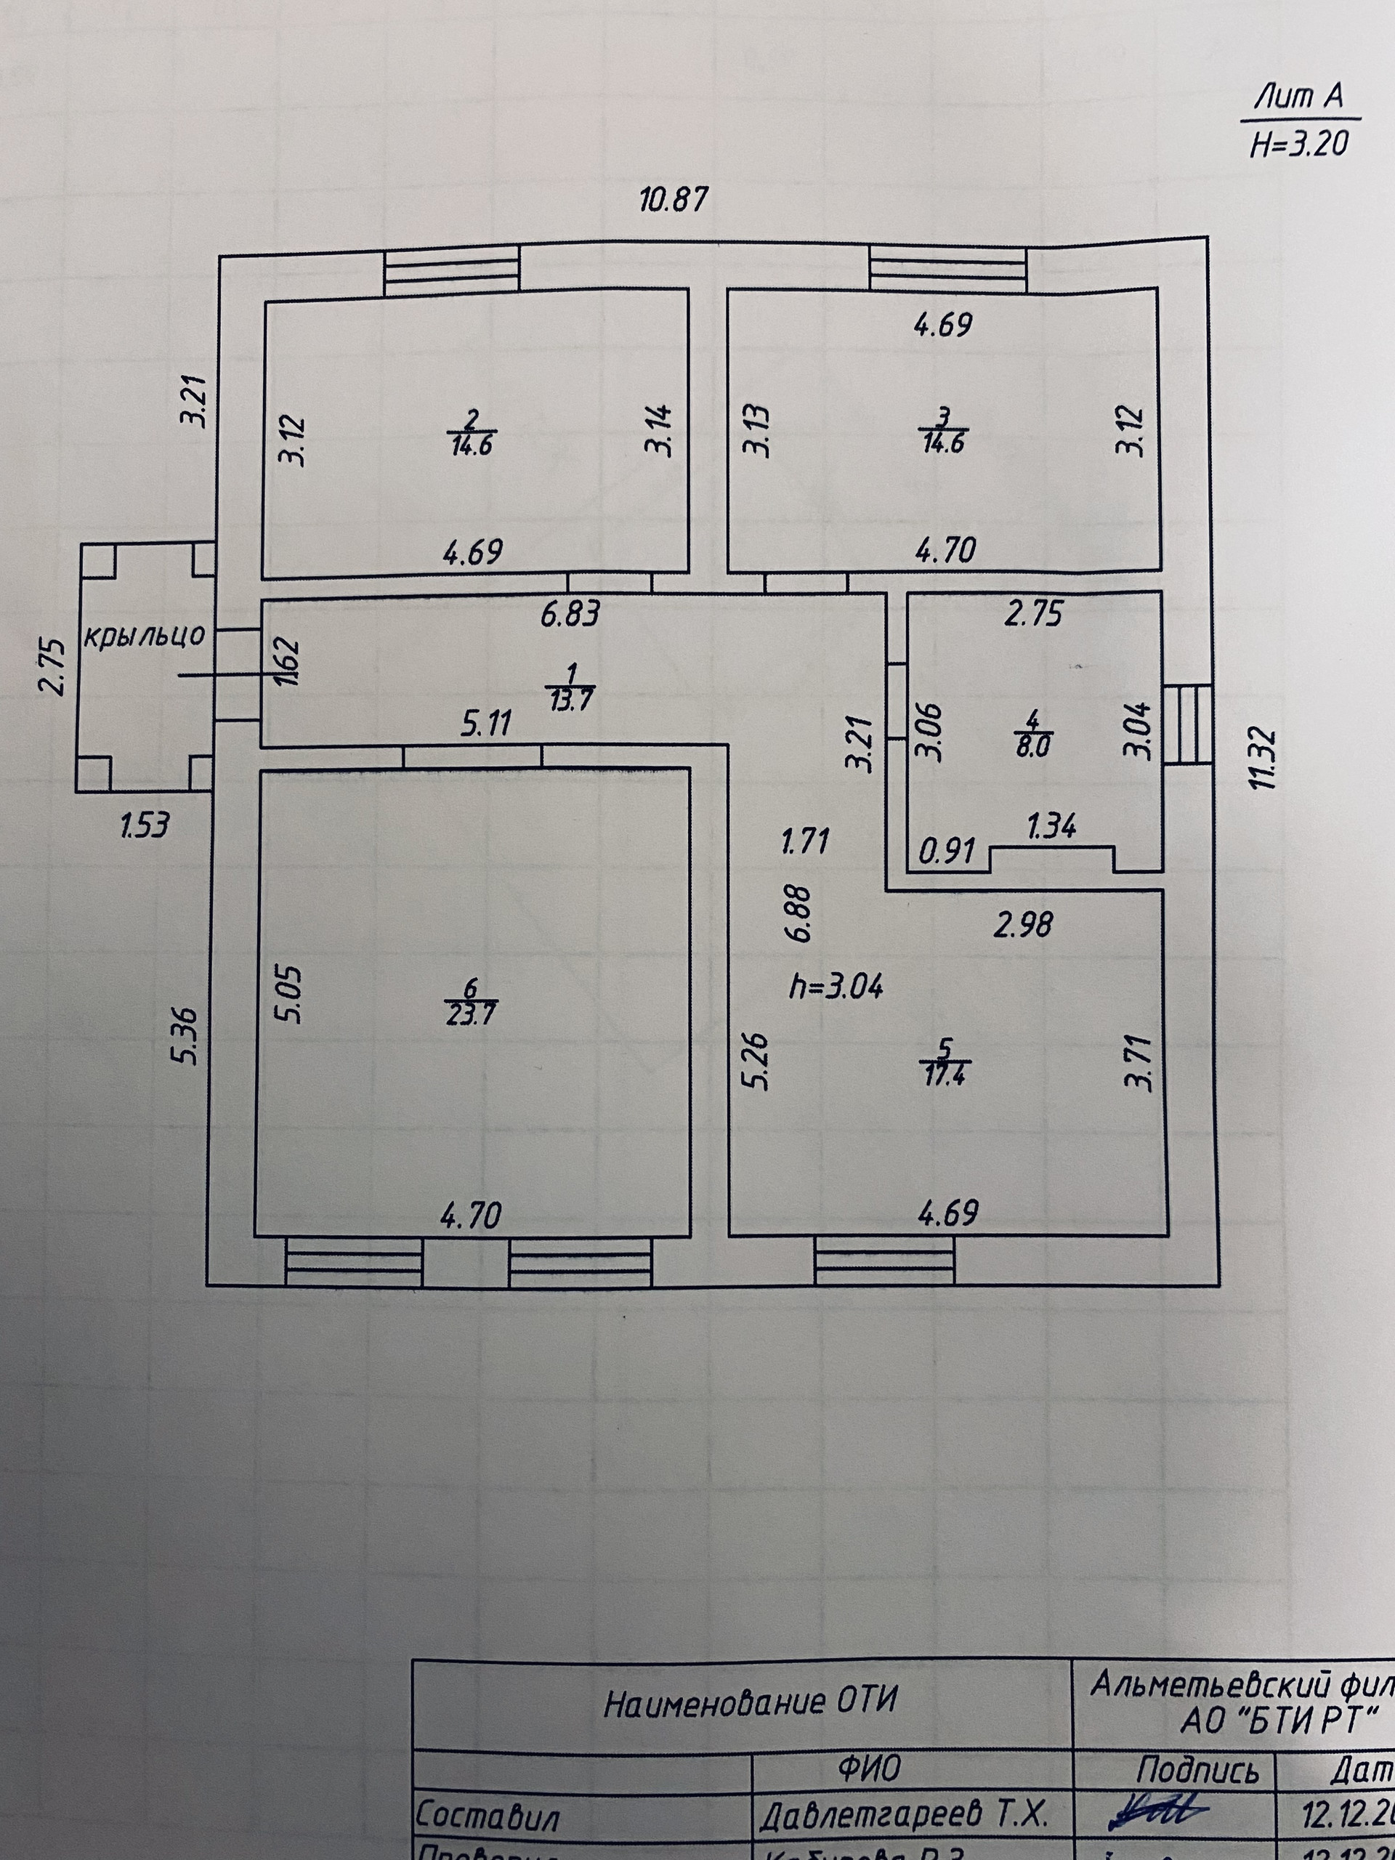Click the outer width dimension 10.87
tap(674, 200)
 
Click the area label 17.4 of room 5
tap(945, 1076)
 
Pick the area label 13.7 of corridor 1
tap(571, 700)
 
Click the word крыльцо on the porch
tap(144, 636)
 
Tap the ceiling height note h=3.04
tap(835, 987)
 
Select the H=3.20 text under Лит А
tap(1298, 145)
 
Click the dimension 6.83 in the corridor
tap(570, 615)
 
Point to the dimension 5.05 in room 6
tap(288, 994)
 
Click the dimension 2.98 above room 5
tap(1022, 925)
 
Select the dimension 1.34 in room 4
tap(1052, 827)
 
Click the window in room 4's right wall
tap(1187, 724)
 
